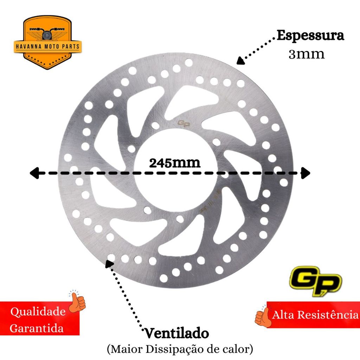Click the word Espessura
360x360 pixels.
310,36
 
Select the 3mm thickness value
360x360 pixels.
306,54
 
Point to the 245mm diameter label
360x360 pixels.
175,163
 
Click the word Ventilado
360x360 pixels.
176,333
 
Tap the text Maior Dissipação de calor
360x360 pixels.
180,349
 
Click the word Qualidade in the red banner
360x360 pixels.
38,311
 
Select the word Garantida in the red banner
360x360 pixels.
37,328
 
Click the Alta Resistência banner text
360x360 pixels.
315,315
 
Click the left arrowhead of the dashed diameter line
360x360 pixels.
34,173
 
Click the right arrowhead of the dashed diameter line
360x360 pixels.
306,173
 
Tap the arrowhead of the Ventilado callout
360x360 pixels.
109,263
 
